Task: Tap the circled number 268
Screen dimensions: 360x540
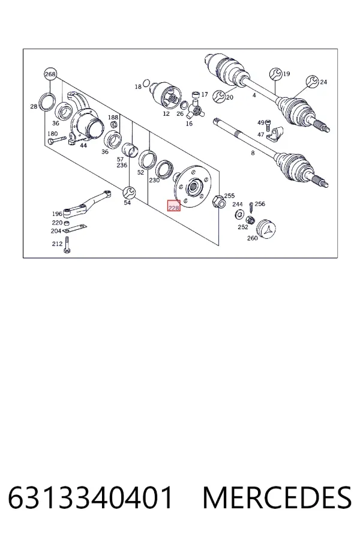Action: point(50,74)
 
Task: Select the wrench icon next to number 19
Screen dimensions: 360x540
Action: point(276,74)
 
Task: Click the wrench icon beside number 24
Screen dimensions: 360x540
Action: point(313,82)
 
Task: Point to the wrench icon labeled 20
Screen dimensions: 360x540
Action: point(219,97)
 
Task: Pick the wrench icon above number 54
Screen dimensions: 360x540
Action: point(129,193)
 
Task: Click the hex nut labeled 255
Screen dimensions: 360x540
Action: point(219,201)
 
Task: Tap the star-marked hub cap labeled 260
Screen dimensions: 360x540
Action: point(267,229)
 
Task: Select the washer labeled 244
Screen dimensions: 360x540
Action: point(238,215)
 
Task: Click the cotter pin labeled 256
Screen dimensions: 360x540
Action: point(251,208)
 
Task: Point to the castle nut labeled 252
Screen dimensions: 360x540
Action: point(250,220)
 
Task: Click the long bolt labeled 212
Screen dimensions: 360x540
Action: point(67,245)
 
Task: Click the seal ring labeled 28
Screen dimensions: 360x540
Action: point(47,102)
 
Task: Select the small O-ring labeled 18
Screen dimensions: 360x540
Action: point(146,83)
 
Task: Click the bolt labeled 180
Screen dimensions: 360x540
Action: point(57,140)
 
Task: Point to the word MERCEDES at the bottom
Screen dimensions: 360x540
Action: point(277,497)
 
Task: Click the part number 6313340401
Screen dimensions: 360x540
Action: point(90,497)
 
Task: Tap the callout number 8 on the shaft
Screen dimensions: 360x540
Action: point(253,153)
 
